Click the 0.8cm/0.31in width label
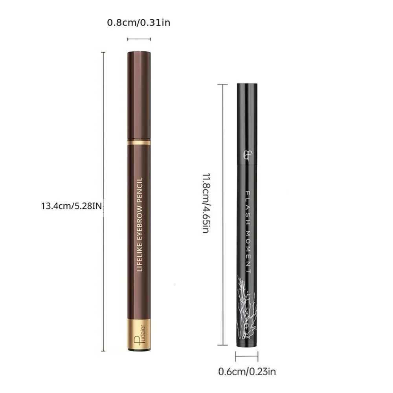[x=139, y=22]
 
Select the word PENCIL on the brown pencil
[x=139, y=189]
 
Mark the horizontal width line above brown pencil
[x=139, y=39]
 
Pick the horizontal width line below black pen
[x=247, y=356]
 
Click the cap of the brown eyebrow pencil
[x=139, y=94]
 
